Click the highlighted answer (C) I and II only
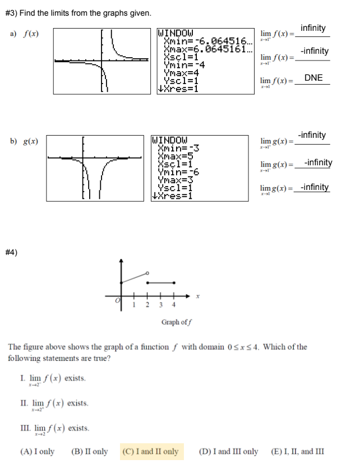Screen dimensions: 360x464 150,452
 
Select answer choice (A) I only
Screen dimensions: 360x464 37,452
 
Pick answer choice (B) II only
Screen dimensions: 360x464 90,452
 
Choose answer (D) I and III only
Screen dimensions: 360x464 229,452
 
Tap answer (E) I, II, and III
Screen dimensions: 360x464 297,452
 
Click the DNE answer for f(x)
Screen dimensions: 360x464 313,78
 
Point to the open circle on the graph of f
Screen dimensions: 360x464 147,273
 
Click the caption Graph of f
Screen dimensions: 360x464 177,322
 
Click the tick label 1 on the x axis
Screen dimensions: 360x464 134,305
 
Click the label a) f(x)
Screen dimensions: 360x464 24,34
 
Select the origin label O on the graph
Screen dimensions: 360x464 118,301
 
